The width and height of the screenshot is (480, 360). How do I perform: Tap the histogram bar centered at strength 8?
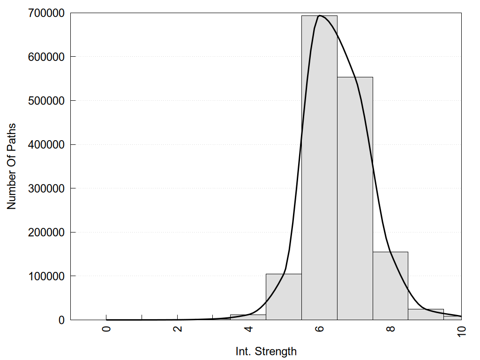(390, 285)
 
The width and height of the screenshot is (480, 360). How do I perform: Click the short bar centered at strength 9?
(426, 315)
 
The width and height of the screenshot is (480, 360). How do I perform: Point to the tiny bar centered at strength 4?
(248, 317)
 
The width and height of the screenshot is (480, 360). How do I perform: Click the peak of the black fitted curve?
(320, 15)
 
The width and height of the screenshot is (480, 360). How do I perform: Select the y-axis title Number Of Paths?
(11, 166)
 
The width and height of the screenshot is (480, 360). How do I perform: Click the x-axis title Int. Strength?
(266, 351)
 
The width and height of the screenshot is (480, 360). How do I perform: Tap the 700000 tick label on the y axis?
(45, 13)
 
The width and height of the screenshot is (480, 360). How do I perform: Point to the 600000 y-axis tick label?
(45, 57)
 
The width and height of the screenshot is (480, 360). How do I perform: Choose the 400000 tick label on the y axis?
(45, 144)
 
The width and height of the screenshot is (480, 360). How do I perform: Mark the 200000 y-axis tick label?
(45, 232)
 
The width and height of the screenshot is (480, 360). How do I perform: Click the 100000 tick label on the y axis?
(45, 276)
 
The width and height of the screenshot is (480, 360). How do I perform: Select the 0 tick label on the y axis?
(61, 320)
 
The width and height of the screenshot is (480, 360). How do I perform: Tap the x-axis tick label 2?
(178, 329)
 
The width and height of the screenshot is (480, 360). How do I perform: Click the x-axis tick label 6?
(320, 329)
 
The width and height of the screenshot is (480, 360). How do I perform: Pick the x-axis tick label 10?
(462, 330)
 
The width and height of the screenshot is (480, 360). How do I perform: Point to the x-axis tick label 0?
(106, 329)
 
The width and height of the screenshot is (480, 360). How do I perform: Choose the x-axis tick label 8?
(391, 329)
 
